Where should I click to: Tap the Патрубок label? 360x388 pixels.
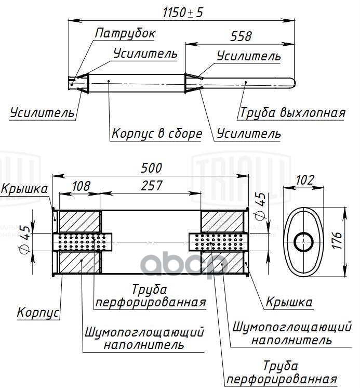tap(125, 33)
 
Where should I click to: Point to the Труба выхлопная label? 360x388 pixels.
tap(292, 113)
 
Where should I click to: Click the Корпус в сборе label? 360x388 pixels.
tap(156, 134)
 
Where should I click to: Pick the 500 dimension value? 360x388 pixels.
tap(152, 168)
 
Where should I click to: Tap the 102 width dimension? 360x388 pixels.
tap(305, 180)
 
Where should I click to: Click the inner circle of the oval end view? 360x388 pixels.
tap(303, 242)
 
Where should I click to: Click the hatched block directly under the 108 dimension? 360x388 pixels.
tap(78, 221)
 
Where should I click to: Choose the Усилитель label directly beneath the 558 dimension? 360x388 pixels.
tap(249, 56)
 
